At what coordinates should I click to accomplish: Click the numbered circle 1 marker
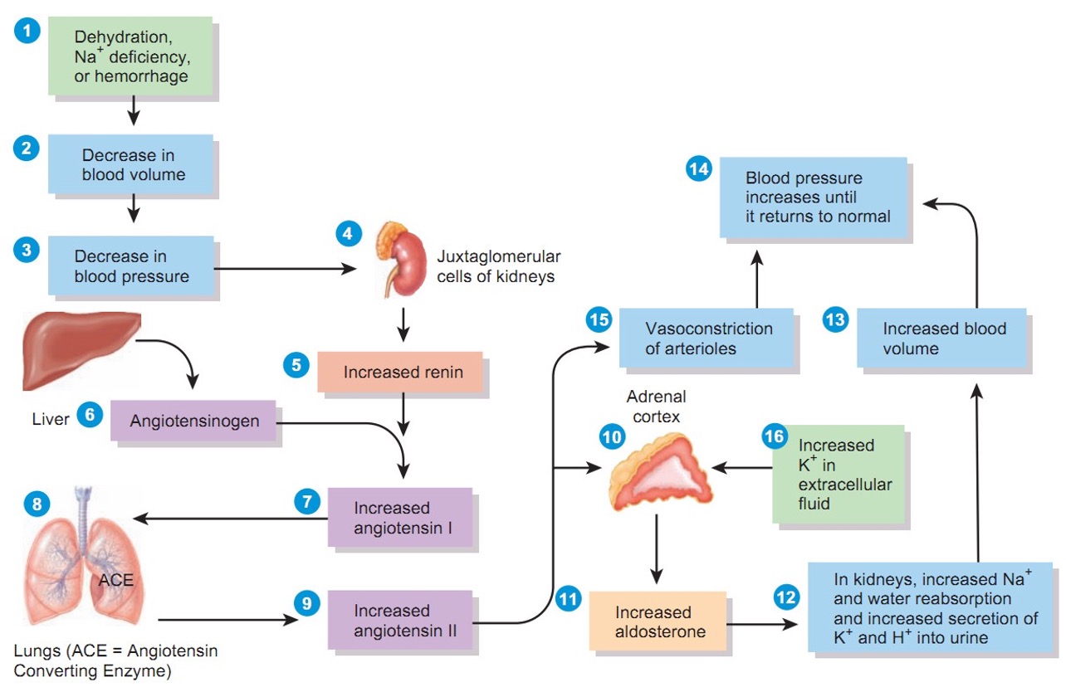pos(27,32)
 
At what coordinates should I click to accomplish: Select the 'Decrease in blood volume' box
pos(131,164)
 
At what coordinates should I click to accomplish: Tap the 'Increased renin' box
pos(400,373)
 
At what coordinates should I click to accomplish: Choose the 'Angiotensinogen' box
pos(194,421)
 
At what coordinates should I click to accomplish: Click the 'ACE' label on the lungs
pos(115,580)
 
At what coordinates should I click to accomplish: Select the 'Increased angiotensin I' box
pos(399,517)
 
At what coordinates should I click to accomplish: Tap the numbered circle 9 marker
pos(306,603)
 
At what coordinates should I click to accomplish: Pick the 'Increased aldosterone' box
pos(657,621)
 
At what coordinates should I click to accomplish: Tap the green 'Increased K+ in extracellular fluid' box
pos(837,473)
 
